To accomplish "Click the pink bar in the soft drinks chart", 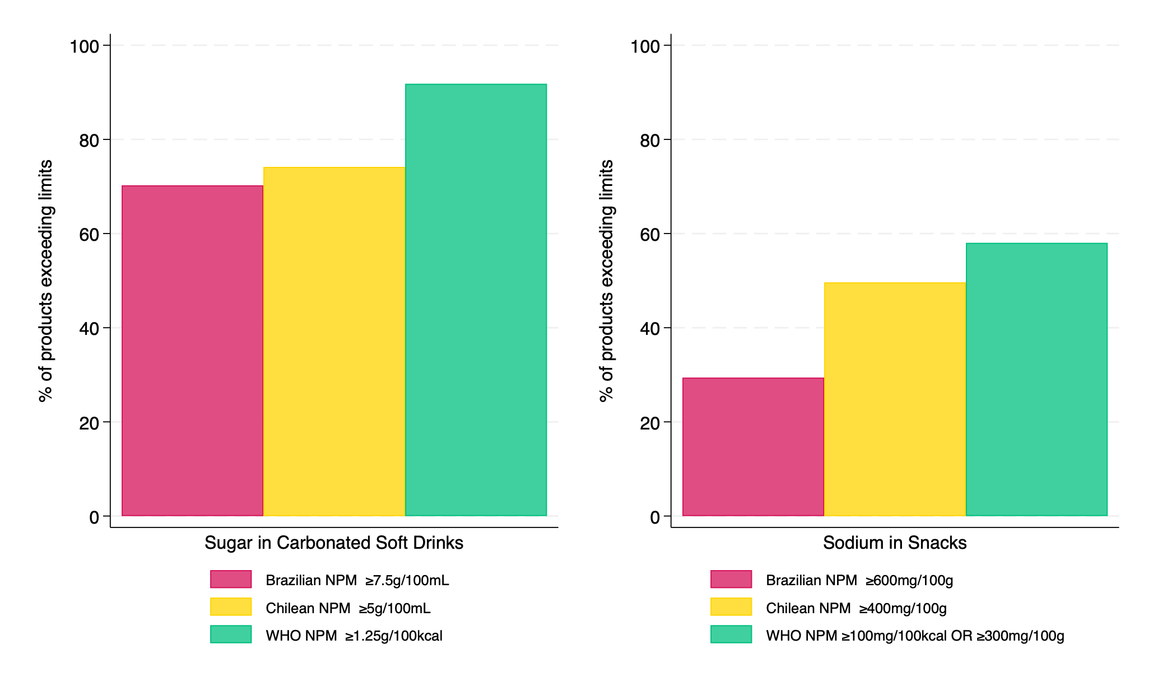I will click(x=192, y=351).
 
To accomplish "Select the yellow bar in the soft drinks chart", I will click(x=334, y=342).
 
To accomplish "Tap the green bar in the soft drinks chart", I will click(x=476, y=300).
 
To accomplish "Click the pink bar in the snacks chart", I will click(x=753, y=447).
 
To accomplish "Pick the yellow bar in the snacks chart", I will click(x=895, y=399).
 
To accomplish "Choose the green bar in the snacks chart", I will click(x=1036, y=379).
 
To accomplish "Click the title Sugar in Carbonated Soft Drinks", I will click(x=334, y=543).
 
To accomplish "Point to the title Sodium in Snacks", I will click(x=895, y=543).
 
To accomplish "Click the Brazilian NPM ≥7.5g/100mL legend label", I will click(x=357, y=580).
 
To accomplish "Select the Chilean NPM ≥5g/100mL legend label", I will click(x=348, y=608).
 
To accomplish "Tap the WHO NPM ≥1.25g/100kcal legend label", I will click(x=354, y=636).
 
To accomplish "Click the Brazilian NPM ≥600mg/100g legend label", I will click(x=859, y=580).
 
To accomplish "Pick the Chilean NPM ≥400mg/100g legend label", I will click(x=856, y=608).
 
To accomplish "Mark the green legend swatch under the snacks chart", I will click(x=731, y=634).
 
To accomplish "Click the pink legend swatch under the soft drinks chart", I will click(x=231, y=579).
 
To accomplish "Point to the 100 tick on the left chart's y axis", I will click(x=84, y=46).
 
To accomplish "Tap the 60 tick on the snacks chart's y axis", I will click(x=650, y=234).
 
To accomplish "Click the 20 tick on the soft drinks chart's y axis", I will click(x=89, y=423).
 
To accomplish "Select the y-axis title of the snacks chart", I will click(x=607, y=281).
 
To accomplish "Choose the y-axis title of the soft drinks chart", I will click(x=46, y=281).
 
